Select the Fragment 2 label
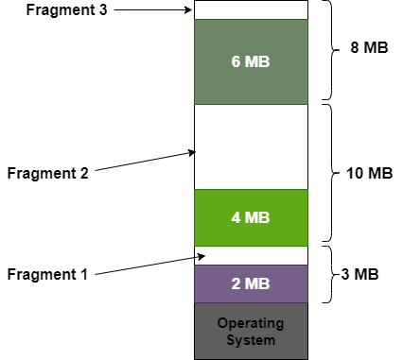[46, 174]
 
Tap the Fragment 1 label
[46, 275]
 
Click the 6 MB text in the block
[251, 61]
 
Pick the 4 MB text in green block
[251, 217]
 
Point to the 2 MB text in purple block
[251, 283]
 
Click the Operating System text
[251, 331]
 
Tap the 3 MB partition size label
[359, 275]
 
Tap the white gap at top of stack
[251, 10]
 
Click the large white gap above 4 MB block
[251, 146]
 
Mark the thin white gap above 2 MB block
[251, 255]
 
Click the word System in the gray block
[251, 340]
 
